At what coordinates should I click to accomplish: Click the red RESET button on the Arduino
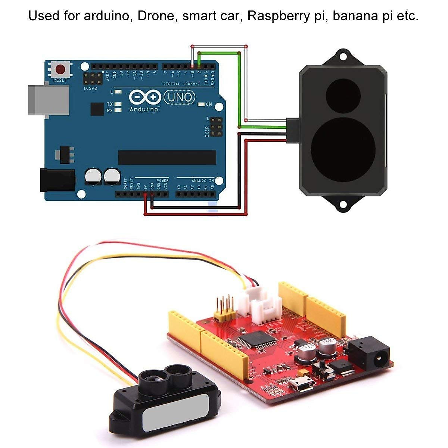coord(60,69)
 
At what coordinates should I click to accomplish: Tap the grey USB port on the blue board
coord(49,100)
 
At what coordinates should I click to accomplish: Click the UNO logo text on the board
coord(180,98)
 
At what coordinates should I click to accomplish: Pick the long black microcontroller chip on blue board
coord(167,158)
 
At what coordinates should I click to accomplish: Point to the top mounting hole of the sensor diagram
coord(342,56)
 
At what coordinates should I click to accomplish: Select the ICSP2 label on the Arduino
coord(90,89)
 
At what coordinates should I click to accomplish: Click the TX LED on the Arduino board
coord(118,104)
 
